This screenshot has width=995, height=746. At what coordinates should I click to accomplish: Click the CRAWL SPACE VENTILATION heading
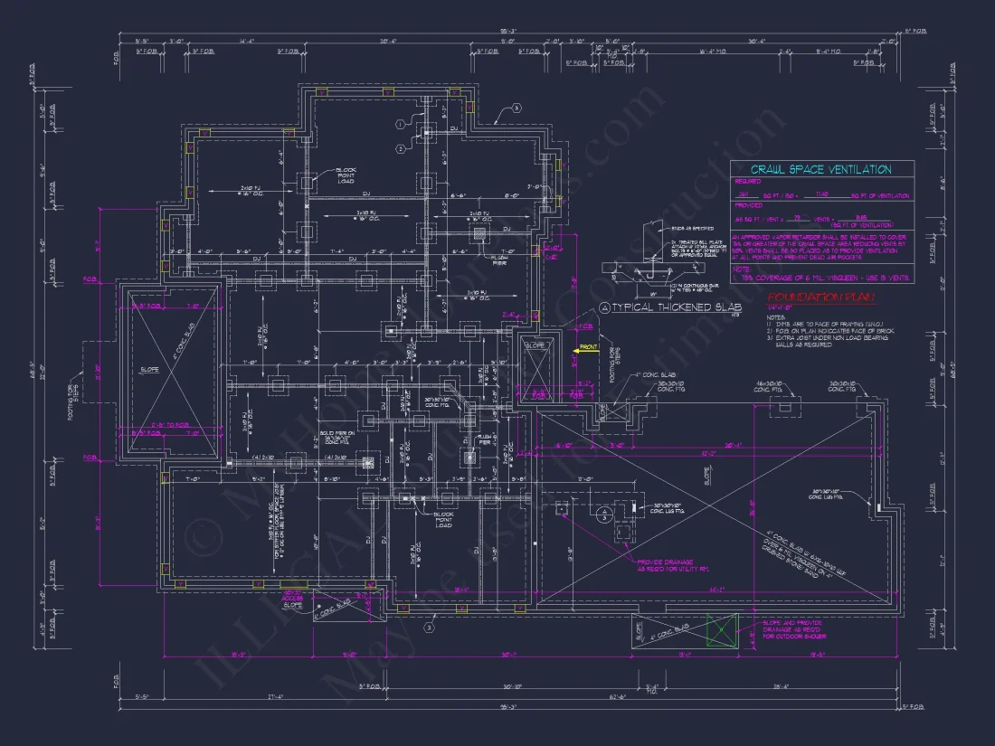tap(821, 169)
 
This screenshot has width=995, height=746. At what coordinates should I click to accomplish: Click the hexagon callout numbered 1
tap(399, 124)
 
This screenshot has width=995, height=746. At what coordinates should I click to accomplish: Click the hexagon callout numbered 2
tap(399, 148)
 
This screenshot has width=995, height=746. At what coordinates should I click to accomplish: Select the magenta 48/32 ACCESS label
tap(291, 598)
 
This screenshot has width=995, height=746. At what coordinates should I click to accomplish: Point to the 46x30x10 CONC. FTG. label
tap(773, 386)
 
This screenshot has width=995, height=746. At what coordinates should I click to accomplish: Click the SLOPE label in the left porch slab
tap(150, 369)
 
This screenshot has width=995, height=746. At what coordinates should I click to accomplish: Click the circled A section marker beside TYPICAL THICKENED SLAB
tap(605, 308)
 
